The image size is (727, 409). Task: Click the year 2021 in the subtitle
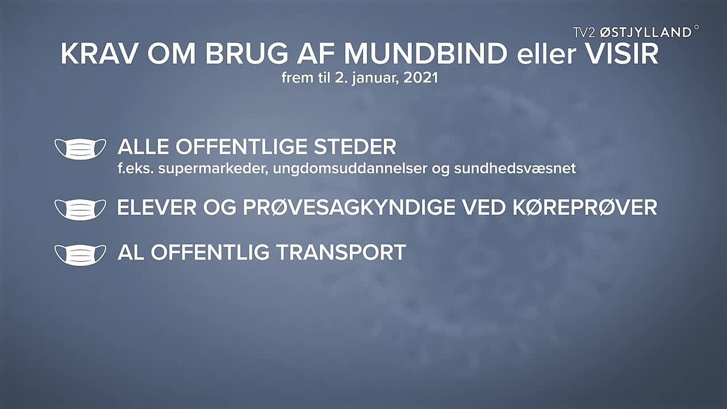point(421,78)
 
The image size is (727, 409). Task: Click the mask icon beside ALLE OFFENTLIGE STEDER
point(80,149)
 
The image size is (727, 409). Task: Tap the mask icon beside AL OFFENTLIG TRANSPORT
point(80,255)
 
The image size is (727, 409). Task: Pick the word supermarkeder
point(213,169)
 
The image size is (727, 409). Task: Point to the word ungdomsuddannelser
point(350,169)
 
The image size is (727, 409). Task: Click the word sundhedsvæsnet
point(515,169)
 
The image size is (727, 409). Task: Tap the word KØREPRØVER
point(585,207)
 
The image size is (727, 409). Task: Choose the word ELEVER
point(157,207)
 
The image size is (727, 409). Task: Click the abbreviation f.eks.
point(136,169)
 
